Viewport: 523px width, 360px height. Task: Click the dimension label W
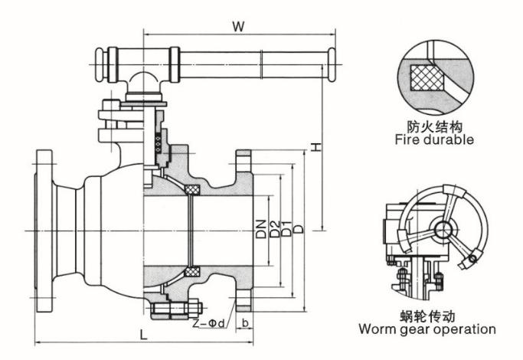(x=239, y=25)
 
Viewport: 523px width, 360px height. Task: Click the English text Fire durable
(x=434, y=140)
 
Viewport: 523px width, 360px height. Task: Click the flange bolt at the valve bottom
(x=172, y=310)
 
